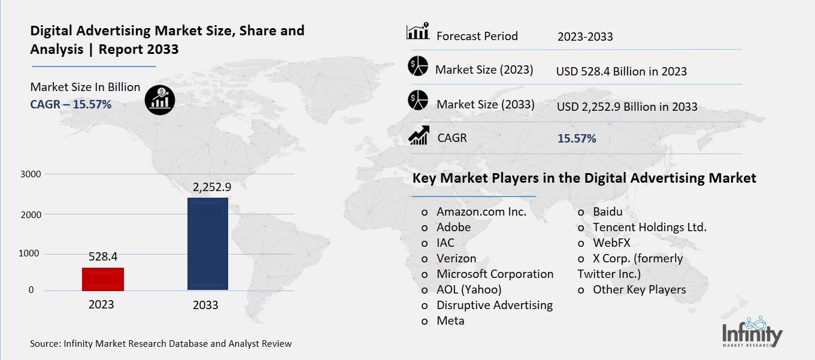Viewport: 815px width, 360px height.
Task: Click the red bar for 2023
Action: [x=103, y=279]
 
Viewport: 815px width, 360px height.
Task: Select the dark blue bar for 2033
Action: [x=208, y=244]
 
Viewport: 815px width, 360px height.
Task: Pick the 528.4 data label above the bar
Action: [x=102, y=256]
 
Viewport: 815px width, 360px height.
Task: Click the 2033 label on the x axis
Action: [x=205, y=305]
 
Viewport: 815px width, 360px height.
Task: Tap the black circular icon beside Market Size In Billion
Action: [x=160, y=99]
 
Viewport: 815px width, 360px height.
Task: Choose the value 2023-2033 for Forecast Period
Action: [x=585, y=37]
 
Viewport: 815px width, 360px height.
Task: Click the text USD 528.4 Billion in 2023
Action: [x=621, y=71]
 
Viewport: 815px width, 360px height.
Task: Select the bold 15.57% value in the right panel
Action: [x=577, y=138]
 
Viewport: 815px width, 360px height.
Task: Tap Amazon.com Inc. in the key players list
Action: [x=481, y=211]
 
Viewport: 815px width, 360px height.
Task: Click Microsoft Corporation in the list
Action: [x=495, y=274]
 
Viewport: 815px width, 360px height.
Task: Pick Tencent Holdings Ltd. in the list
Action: [x=650, y=227]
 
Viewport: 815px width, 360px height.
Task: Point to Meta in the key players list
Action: [x=450, y=320]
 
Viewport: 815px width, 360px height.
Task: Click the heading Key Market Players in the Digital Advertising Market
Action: [x=584, y=178]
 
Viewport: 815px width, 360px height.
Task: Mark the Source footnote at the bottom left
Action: [x=161, y=344]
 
